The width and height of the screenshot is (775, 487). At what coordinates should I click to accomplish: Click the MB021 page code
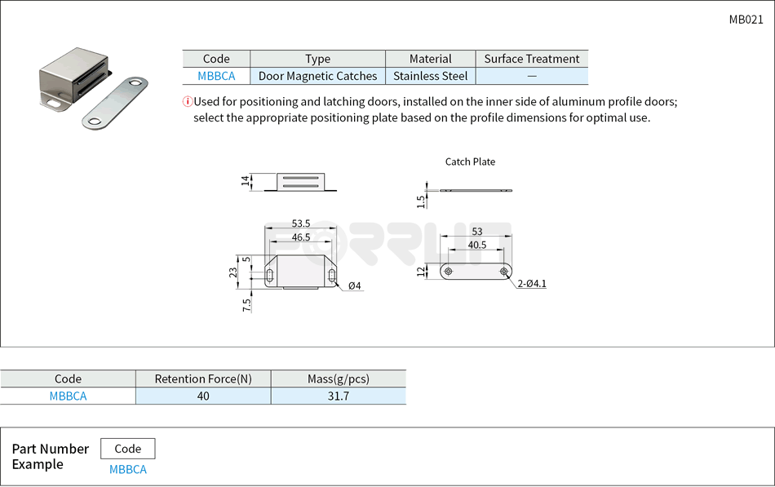[x=746, y=20]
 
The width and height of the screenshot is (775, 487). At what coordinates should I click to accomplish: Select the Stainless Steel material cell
[x=430, y=76]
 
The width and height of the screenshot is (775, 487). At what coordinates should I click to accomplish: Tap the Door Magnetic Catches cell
[x=317, y=76]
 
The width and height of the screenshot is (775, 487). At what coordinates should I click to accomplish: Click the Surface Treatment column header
[x=531, y=59]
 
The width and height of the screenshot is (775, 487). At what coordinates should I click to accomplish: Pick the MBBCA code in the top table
[x=216, y=76]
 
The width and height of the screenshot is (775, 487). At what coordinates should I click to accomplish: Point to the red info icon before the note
[x=187, y=102]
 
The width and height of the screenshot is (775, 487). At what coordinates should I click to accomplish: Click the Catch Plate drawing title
[x=470, y=162]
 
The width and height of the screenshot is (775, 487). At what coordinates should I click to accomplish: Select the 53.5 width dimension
[x=301, y=224]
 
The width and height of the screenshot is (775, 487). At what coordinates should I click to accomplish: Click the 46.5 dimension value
[x=301, y=237]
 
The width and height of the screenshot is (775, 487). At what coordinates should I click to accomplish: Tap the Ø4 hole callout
[x=354, y=286]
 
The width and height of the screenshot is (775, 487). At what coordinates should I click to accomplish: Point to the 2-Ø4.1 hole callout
[x=531, y=284]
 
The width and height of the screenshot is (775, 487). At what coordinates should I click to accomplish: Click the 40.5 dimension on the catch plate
[x=477, y=245]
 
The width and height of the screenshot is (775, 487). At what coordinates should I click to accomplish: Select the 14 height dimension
[x=246, y=181]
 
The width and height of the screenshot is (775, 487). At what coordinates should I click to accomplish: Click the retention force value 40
[x=203, y=396]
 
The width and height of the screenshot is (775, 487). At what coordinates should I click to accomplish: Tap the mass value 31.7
[x=338, y=396]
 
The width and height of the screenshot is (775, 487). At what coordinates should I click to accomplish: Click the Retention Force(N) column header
[x=203, y=379]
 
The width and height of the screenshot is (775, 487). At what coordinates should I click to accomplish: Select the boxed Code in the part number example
[x=127, y=449]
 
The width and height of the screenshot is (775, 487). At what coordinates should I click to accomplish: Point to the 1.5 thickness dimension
[x=421, y=201]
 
